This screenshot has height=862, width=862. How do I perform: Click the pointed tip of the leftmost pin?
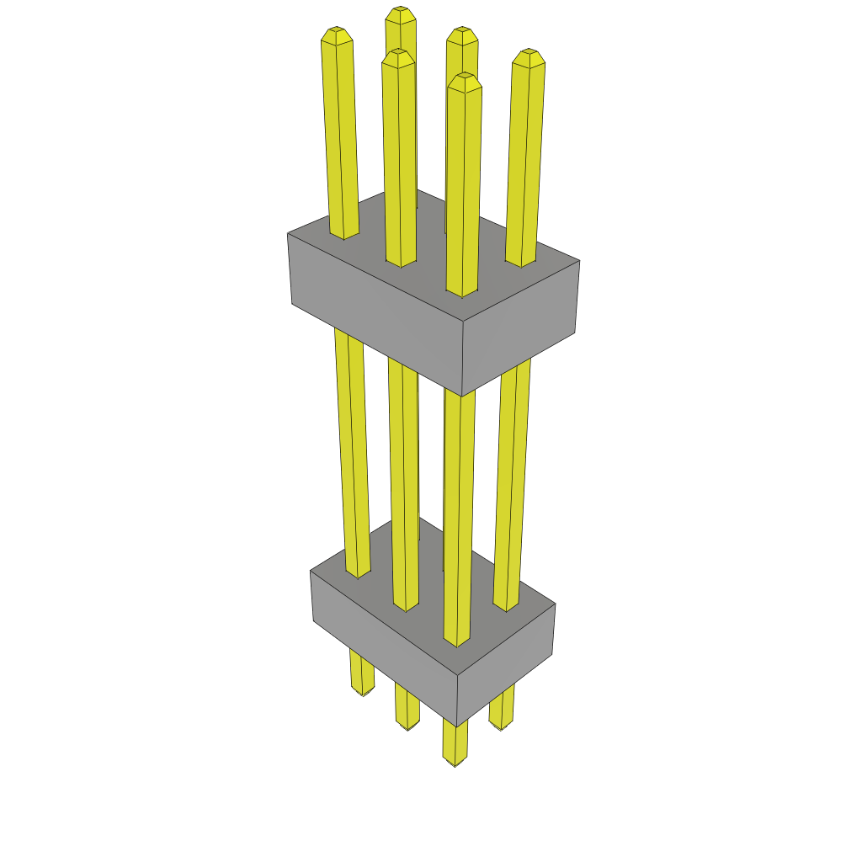[x=336, y=31]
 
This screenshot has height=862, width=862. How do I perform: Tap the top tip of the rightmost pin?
[x=529, y=53]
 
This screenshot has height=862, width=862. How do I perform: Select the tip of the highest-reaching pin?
[x=401, y=10]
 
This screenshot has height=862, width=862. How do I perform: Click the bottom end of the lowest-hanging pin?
[x=455, y=763]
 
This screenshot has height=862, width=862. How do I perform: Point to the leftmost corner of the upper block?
[x=289, y=235]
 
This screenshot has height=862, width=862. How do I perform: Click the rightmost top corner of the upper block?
[x=579, y=261]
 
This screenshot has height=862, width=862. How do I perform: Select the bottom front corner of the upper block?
[x=462, y=396]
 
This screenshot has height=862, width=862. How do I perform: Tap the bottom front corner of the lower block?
[x=457, y=726]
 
